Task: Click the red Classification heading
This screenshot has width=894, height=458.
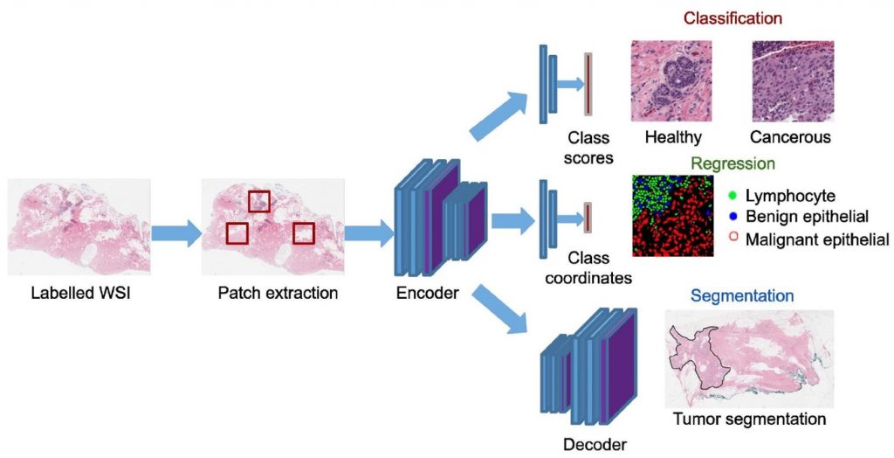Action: [x=732, y=17]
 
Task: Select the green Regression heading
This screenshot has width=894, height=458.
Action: [x=732, y=163]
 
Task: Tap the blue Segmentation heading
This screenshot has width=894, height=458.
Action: [x=742, y=295]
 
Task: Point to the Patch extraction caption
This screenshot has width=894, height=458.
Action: [x=278, y=293]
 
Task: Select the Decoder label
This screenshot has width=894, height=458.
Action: [x=595, y=444]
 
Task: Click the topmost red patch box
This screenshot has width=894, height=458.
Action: [x=259, y=200]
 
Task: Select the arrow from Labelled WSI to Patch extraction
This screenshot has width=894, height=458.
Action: [x=175, y=233]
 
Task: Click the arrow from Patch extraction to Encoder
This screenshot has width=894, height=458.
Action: [x=368, y=233]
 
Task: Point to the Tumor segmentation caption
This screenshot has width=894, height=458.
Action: [x=749, y=420]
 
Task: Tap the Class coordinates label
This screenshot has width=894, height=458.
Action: [x=588, y=268]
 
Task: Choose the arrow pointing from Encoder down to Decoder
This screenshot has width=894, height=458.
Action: [x=503, y=309]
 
